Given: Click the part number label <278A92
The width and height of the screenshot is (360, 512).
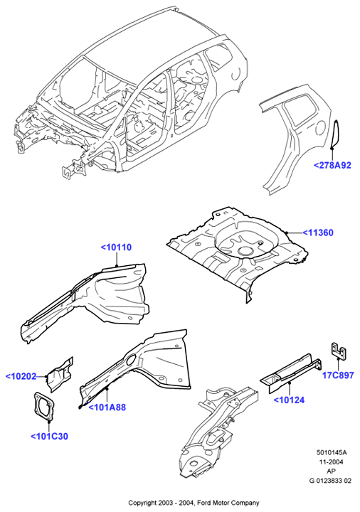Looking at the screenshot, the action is click(332, 165).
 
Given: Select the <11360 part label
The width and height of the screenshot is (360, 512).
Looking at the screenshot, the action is click(318, 233).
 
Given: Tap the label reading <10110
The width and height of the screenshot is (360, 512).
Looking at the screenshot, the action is click(116, 247).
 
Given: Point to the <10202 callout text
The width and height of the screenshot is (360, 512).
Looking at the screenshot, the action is click(21, 376).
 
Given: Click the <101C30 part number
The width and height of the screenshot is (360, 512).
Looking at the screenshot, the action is click(49, 436).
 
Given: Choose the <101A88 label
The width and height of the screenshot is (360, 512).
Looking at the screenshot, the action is click(107, 407).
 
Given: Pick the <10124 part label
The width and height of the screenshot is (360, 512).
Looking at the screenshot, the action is click(289, 400).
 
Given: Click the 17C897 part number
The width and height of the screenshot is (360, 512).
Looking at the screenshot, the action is click(338, 375).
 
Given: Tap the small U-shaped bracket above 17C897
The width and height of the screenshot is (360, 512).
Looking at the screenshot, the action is click(339, 351).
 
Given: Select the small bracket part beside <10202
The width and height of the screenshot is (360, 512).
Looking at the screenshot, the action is click(60, 374).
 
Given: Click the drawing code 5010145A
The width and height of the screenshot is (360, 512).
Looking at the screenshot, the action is click(332, 452).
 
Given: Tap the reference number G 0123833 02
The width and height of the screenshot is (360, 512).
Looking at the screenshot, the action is click(331, 481).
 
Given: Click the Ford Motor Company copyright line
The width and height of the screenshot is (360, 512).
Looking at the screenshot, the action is click(194, 503).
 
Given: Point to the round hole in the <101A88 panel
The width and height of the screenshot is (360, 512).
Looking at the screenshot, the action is click(129, 360).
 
